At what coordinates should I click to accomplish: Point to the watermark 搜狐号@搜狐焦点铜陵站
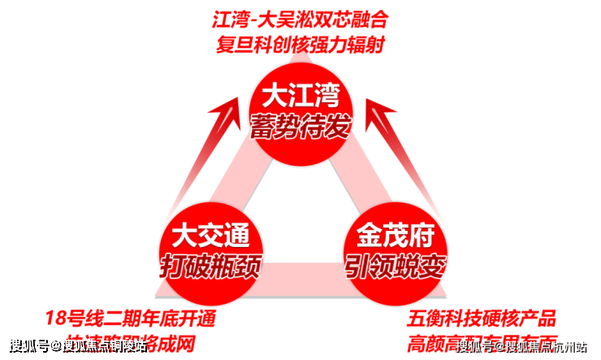[x=74, y=347]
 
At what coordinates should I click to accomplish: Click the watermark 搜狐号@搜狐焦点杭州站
[x=523, y=347]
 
